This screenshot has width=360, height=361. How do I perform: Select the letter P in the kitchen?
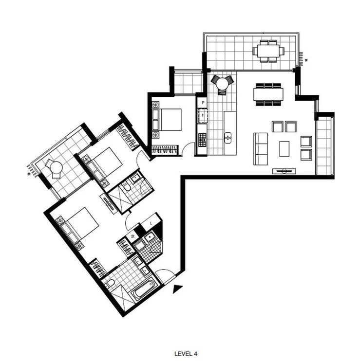click(202, 103)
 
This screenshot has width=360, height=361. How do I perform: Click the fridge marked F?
click(202, 116)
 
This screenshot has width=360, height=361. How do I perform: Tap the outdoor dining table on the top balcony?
click(268, 51)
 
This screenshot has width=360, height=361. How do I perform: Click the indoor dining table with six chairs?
click(268, 93)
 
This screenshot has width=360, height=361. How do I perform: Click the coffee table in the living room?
click(284, 148)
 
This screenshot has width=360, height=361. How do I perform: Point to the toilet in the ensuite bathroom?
click(126, 186)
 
